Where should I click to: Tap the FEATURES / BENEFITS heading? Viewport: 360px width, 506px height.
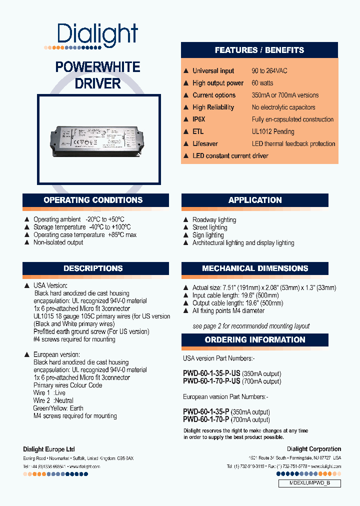(x=259, y=50)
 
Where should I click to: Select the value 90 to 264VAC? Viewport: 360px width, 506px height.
(x=269, y=71)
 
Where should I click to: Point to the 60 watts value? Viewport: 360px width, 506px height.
(x=262, y=83)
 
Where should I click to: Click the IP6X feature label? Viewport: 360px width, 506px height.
(x=199, y=119)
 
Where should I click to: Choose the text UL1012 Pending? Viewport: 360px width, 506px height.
(x=273, y=131)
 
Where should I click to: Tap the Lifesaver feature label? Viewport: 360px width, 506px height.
(x=205, y=143)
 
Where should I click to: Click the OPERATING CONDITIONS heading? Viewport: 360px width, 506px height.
(x=93, y=200)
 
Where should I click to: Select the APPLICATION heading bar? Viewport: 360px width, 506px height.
(x=254, y=200)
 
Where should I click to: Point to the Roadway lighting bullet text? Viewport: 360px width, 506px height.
(x=214, y=219)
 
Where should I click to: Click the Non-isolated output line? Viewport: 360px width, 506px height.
(x=58, y=242)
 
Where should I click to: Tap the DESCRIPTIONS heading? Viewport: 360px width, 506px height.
(x=93, y=268)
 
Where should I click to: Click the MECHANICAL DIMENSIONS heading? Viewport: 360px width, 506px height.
(x=254, y=268)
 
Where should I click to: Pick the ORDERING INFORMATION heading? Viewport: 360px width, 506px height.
(x=254, y=340)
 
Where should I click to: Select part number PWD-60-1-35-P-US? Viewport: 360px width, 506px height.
(x=212, y=373)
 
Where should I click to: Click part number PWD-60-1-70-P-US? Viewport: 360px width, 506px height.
(x=212, y=381)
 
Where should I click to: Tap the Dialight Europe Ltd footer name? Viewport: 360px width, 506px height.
(x=49, y=449)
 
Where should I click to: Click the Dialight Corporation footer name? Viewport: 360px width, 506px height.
(x=314, y=449)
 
